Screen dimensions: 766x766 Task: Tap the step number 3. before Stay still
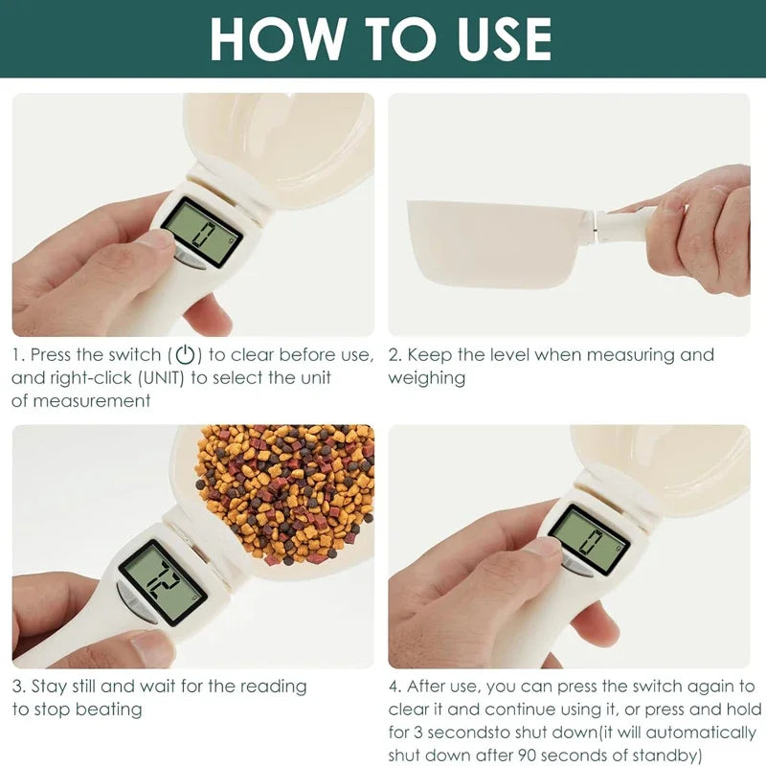click(x=19, y=687)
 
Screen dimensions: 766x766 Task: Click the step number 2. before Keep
click(x=394, y=355)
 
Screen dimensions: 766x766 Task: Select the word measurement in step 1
click(x=91, y=400)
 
